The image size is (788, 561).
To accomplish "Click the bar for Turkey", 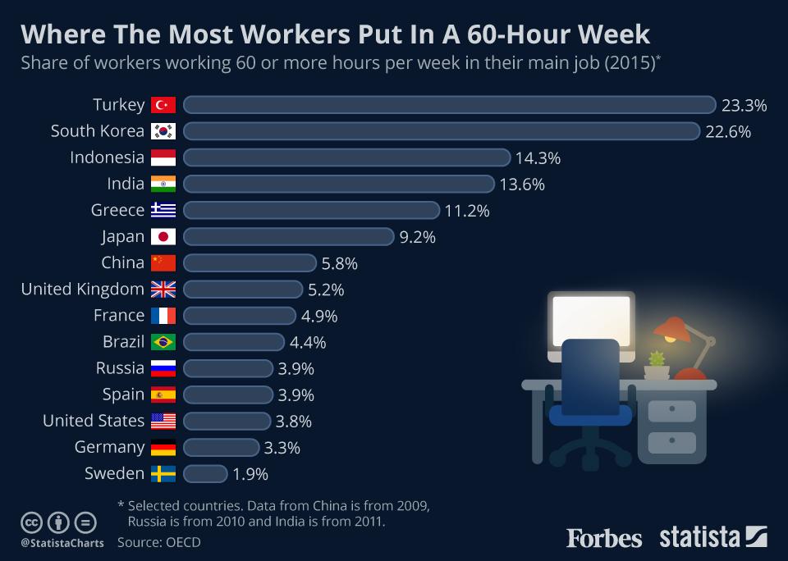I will pos(450,105).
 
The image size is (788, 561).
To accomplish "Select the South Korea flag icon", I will pos(163,131).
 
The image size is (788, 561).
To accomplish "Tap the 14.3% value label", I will pos(538,157).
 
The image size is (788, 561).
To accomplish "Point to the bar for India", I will pos(338,184).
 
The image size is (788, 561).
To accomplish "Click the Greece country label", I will pos(117,210).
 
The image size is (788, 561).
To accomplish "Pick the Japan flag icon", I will pos(163,236).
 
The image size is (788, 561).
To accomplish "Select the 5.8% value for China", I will pos(340,263).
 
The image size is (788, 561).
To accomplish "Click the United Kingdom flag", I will pos(163,290).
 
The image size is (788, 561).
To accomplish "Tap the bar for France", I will pos(240,316).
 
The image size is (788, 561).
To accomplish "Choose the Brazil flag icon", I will pos(163,342).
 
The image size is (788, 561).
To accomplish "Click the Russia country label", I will pos(120,368).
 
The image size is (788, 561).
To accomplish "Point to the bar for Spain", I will pos(228,395).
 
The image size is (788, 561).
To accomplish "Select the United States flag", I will pos(163,421).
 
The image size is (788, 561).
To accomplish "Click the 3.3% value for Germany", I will pos(282,448).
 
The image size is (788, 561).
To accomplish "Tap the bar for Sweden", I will pos(205,474).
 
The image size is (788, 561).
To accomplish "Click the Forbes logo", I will pos(603,538).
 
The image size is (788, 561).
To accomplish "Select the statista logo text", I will pos(699,538).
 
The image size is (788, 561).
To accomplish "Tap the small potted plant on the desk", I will pos(656,362).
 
